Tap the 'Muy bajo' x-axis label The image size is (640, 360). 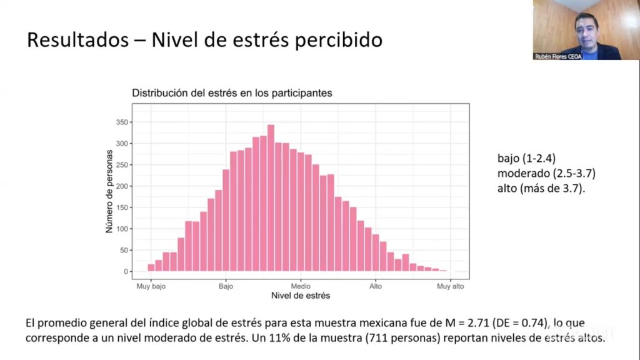pos(151,286)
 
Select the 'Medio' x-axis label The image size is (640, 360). pos(301,286)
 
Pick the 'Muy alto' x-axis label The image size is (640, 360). pos(450,286)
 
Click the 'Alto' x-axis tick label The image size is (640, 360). pos(375,286)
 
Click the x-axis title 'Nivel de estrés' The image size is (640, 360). pos(301,296)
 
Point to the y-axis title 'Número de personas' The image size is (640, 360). pos(109,191)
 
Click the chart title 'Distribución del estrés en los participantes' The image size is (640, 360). pos(231,92)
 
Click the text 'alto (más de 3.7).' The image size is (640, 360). pos(541,188)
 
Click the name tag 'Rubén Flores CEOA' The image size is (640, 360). pos(558,56)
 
